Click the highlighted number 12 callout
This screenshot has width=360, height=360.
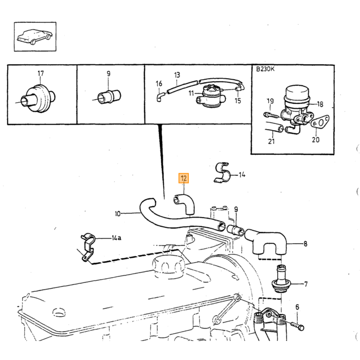pyautogui.click(x=184, y=178)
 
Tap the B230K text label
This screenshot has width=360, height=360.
pyautogui.click(x=265, y=69)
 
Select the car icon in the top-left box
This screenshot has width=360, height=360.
pyautogui.click(x=34, y=37)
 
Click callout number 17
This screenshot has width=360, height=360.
pyautogui.click(x=41, y=74)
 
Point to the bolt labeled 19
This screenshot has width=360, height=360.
pyautogui.click(x=271, y=115)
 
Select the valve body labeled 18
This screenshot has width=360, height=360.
pyautogui.click(x=296, y=109)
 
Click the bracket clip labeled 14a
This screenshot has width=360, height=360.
pyautogui.click(x=88, y=248)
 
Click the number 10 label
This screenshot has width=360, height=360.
pyautogui.click(x=118, y=214)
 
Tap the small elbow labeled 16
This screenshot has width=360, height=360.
pyautogui.click(x=160, y=97)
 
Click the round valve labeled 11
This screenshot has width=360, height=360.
pyautogui.click(x=210, y=97)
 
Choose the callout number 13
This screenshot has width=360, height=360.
pyautogui.click(x=177, y=75)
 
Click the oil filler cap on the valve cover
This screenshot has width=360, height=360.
pyautogui.click(x=169, y=267)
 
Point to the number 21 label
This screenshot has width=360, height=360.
pyautogui.click(x=272, y=141)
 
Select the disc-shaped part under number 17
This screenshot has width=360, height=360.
pyautogui.click(x=38, y=98)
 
